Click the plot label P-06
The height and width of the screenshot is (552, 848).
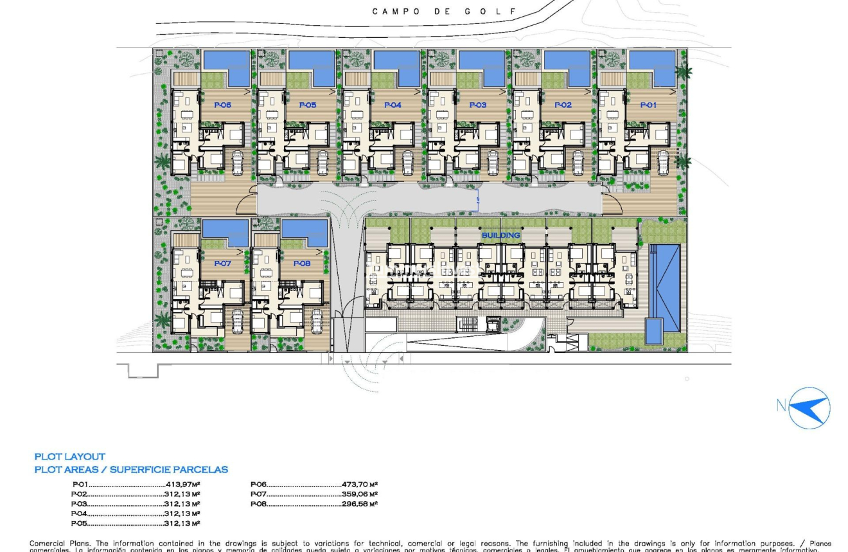point(222,105)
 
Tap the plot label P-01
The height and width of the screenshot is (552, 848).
point(648,105)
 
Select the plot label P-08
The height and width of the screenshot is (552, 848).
point(302,263)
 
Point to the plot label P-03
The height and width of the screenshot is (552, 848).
point(477,105)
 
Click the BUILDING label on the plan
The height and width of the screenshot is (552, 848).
point(500,235)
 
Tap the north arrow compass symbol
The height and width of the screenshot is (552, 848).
point(808,407)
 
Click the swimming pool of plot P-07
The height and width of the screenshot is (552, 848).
point(225,232)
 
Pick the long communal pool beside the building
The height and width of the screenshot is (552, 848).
point(664,286)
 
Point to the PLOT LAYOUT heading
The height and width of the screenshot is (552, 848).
point(69,457)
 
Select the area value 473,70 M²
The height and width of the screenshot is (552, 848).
point(360,485)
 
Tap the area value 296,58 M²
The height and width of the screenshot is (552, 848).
point(360,504)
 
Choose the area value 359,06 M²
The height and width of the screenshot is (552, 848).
point(360,494)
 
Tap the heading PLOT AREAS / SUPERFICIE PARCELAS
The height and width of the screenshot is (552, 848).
point(131,470)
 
